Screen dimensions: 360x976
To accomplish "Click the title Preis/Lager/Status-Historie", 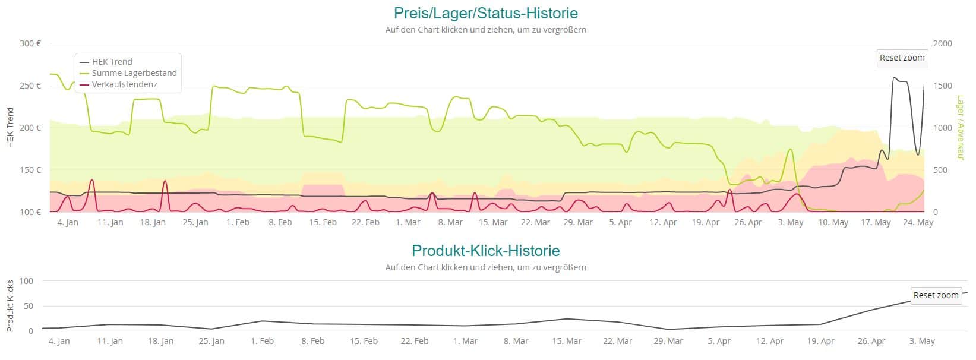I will click(x=485, y=13).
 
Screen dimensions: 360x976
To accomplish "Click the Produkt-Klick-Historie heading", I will click(x=485, y=251).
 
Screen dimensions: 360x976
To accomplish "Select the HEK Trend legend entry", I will click(x=112, y=62).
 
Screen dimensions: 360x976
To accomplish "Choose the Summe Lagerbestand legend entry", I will click(x=134, y=73).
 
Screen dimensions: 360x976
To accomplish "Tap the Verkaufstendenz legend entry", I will click(x=124, y=84).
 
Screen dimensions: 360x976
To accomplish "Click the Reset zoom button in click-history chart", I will click(x=936, y=295).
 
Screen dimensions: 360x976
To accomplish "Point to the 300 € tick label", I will click(x=30, y=43).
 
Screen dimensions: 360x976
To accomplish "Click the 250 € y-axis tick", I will click(x=30, y=86).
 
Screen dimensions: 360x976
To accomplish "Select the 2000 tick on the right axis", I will click(x=942, y=43).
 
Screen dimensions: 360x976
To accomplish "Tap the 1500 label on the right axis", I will click(x=942, y=86).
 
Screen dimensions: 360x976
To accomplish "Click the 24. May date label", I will click(x=918, y=223).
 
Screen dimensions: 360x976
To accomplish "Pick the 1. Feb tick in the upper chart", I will click(x=238, y=223).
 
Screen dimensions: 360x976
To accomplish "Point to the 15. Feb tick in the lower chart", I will click(x=363, y=342).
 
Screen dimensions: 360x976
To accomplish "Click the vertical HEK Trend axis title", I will click(x=10, y=128).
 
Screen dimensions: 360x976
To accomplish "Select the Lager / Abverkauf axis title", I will click(x=960, y=128).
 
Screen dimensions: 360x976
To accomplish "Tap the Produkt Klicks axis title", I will click(x=10, y=306).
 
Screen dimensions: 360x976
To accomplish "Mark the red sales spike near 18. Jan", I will click(x=165, y=182).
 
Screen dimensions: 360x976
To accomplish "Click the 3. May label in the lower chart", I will click(x=922, y=342).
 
